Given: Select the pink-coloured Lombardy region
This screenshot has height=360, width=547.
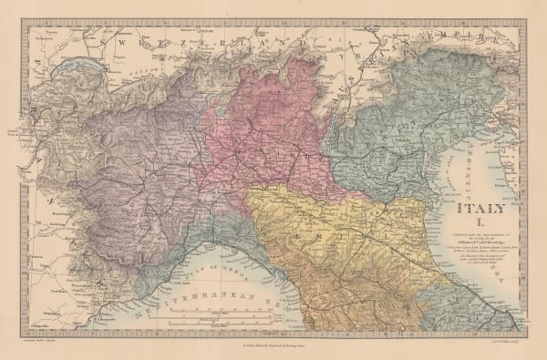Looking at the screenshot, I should (264, 128).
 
